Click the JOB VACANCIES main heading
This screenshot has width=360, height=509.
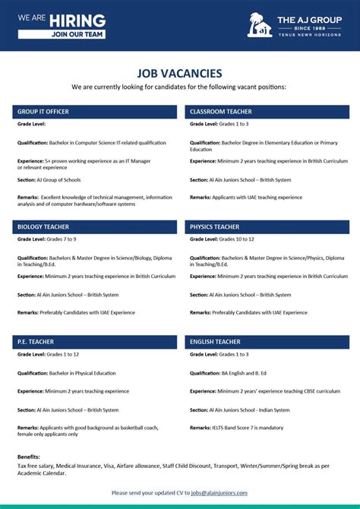click(x=180, y=73)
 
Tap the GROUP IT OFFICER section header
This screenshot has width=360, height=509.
click(x=43, y=112)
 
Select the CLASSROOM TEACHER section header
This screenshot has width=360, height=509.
click(x=221, y=112)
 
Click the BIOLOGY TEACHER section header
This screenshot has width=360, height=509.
click(x=43, y=226)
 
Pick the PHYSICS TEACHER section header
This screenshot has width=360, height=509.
click(x=215, y=226)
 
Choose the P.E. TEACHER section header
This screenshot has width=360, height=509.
click(x=36, y=342)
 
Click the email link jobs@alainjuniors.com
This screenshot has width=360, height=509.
click(x=219, y=492)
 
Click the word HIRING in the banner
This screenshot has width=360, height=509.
click(x=79, y=21)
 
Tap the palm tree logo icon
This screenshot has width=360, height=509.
click(x=259, y=25)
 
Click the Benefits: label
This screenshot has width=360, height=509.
click(x=29, y=457)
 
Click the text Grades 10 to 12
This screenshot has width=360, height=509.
click(x=236, y=239)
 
